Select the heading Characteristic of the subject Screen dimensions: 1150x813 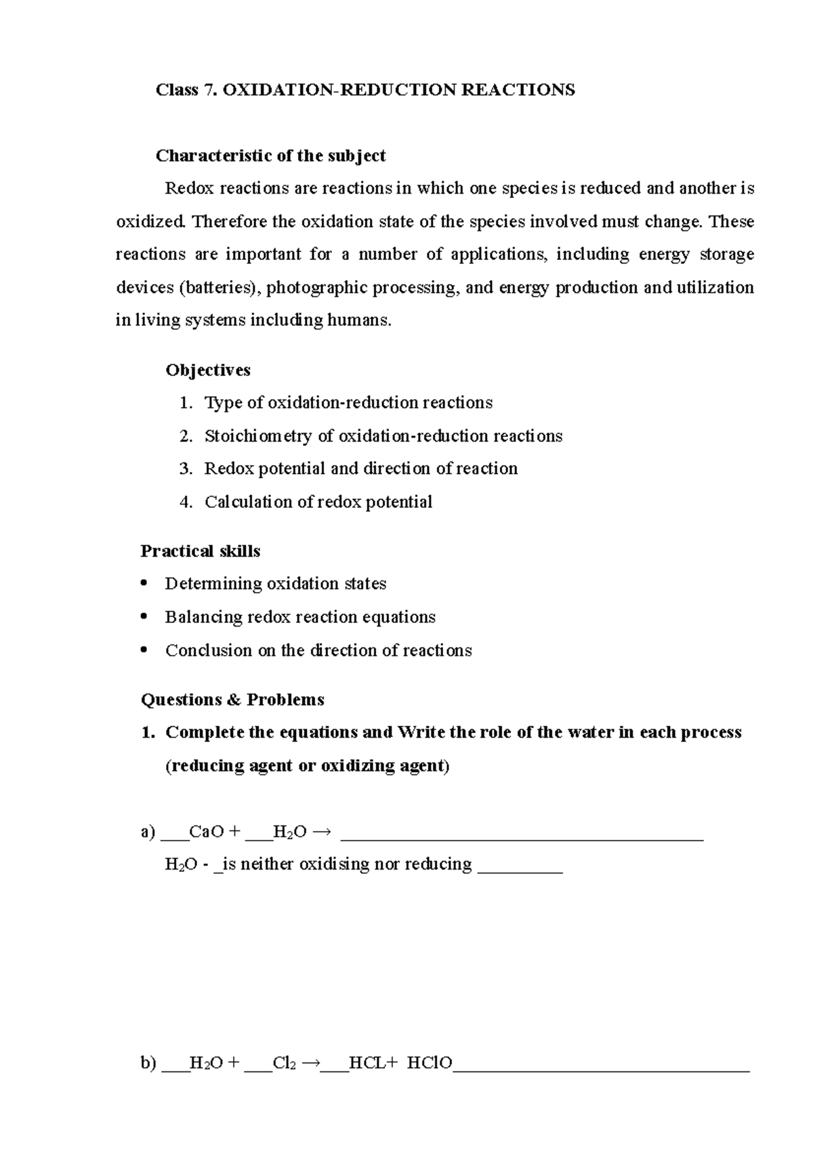point(270,156)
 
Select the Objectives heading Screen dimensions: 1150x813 point(208,370)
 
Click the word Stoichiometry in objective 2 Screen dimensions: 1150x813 point(258,436)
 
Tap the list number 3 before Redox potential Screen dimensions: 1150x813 point(186,469)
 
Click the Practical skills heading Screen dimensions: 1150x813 point(200,551)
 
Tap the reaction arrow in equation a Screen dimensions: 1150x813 point(321,832)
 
